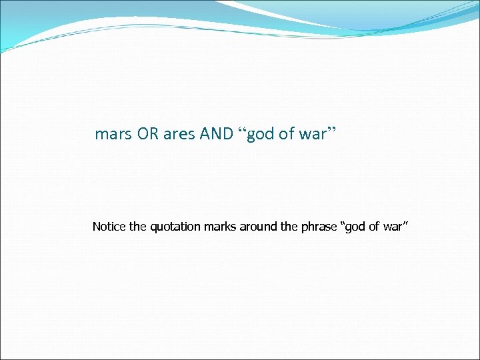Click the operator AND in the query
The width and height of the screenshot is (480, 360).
click(x=216, y=134)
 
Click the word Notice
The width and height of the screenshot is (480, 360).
click(x=109, y=227)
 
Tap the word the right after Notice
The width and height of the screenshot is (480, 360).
click(x=138, y=227)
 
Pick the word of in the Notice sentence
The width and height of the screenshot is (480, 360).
click(x=373, y=227)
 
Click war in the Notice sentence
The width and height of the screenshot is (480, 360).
click(x=392, y=227)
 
